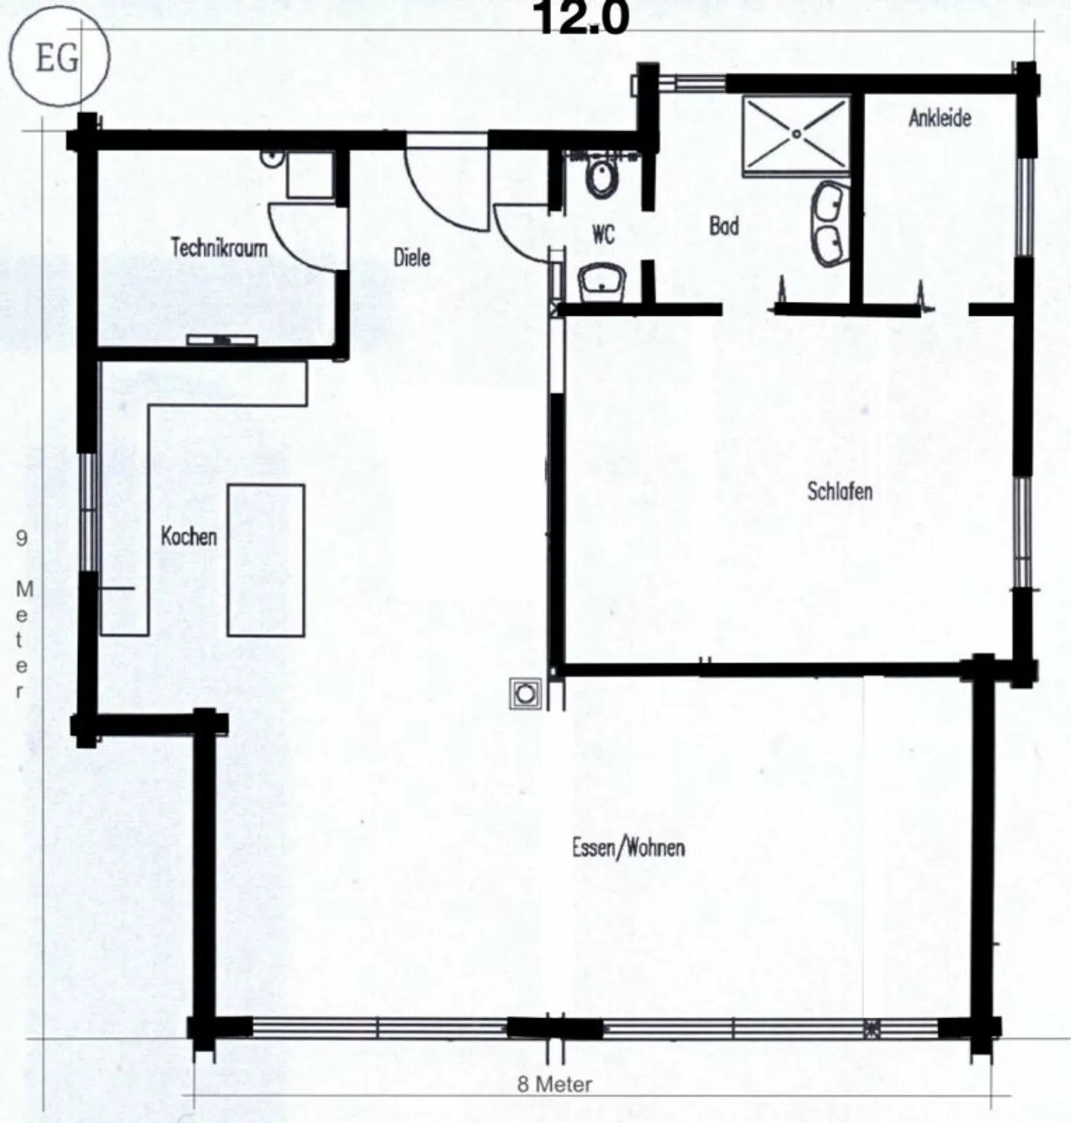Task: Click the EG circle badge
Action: (58, 58)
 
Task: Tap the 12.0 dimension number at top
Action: (581, 19)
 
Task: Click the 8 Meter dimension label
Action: (555, 1084)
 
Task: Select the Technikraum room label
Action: (219, 247)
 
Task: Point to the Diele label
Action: (411, 257)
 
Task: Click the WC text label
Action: (603, 234)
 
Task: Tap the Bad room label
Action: (724, 225)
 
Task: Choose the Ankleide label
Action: (939, 118)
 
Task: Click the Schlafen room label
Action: (840, 491)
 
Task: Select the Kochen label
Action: (189, 536)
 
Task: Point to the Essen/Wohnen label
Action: (628, 847)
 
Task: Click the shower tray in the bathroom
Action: (797, 135)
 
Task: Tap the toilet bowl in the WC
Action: (601, 177)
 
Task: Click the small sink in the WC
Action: (602, 283)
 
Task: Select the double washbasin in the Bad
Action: (832, 222)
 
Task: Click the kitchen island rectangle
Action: (266, 559)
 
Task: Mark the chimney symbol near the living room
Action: (525, 694)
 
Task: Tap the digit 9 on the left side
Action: (22, 538)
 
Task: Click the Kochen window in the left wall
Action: (89, 511)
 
